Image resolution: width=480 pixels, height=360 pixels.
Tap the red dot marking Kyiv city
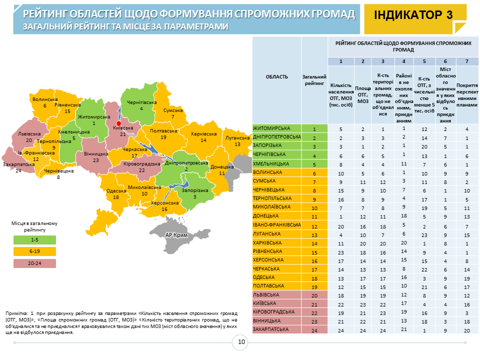tap(118, 123)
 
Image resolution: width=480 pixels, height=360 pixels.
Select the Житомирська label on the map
tap(93, 116)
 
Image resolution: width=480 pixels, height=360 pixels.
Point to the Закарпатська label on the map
tap(18, 163)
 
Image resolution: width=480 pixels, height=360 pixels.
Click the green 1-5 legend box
tap(34, 240)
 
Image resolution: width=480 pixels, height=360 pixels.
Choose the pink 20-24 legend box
tap(34, 263)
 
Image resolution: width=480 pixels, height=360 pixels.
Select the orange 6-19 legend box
tap(34, 251)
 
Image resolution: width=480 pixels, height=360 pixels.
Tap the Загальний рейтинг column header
tap(314, 80)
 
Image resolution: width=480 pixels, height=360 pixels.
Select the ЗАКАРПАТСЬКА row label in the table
tap(272, 330)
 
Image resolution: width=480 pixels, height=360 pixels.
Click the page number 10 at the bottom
tap(241, 342)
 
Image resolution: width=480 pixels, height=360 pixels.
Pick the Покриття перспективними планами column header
tap(466, 92)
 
